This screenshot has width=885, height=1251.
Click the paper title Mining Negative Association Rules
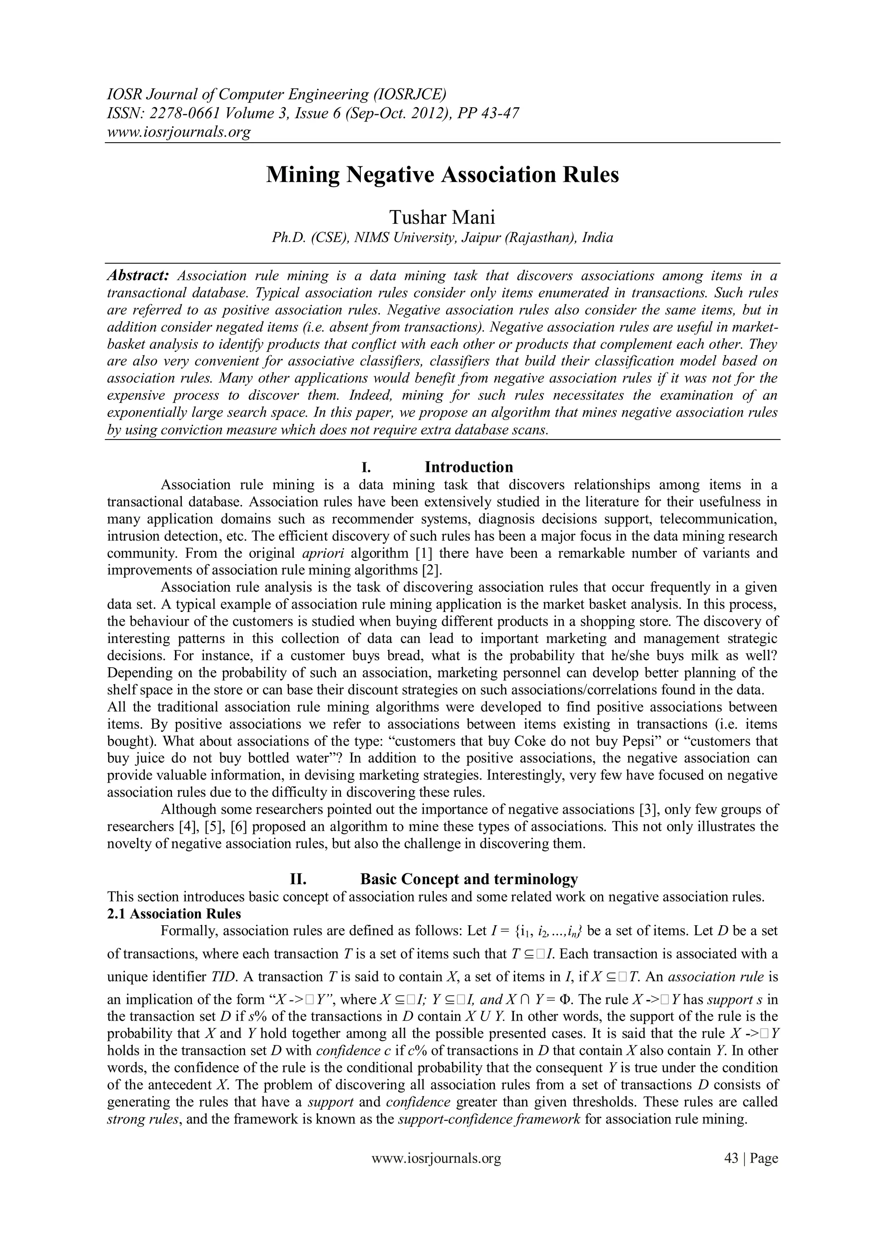(442, 175)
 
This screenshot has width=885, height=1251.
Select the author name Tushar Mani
(442, 217)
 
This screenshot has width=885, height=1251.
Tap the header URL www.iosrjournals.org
(178, 132)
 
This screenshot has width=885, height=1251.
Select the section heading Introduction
(469, 467)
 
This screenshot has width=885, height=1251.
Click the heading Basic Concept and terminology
(469, 879)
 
